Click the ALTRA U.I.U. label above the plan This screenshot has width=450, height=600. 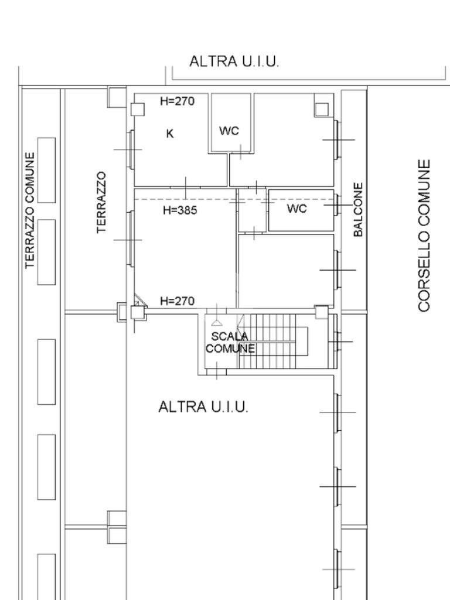coord(234,61)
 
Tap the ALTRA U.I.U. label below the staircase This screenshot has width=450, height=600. coord(203,407)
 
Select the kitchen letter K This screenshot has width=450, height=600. coord(170,134)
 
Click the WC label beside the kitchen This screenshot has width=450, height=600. coord(229,131)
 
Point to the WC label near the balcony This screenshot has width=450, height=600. coord(297,209)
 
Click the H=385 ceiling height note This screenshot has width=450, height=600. coord(180,210)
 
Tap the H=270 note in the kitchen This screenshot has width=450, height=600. coord(177,101)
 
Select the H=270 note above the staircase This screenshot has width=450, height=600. coord(177,301)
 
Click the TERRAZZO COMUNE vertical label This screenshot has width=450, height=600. coord(30,210)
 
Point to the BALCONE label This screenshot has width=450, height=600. coord(358,209)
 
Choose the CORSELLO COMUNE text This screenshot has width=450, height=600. coord(424,236)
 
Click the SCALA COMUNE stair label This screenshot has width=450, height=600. coord(230,342)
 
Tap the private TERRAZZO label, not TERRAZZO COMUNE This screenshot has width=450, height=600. coord(101,202)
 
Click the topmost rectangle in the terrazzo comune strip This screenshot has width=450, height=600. coord(46,170)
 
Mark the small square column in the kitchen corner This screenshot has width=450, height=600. coord(138,110)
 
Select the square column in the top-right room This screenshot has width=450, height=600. coord(322,110)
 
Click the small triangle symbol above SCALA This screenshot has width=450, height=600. coord(217,323)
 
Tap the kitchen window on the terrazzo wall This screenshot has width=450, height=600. coord(131,149)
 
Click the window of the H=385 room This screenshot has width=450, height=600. coord(131,239)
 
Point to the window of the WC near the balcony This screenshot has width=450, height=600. coord(336,205)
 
